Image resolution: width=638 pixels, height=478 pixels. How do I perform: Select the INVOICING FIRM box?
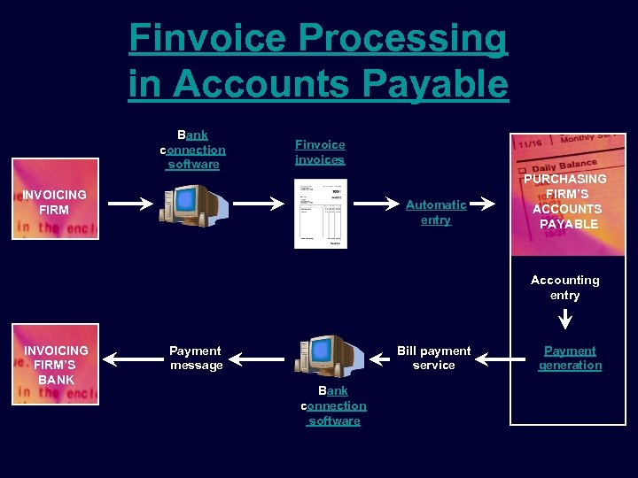click(x=55, y=199)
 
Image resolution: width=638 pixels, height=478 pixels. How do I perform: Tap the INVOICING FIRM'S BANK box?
click(x=55, y=364)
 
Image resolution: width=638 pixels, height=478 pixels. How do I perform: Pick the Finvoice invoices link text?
click(x=320, y=152)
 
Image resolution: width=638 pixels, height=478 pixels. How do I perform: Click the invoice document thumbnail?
click(x=321, y=213)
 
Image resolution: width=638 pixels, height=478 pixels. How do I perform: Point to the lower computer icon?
click(x=331, y=358)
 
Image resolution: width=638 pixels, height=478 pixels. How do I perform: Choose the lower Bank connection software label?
click(x=334, y=405)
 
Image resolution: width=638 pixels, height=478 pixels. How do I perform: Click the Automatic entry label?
click(x=436, y=212)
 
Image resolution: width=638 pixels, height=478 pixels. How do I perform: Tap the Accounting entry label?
click(x=564, y=288)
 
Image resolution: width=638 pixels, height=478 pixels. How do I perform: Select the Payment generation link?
click(x=570, y=358)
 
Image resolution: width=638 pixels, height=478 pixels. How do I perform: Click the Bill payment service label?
click(x=434, y=358)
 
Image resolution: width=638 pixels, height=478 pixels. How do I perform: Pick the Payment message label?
click(x=196, y=358)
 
